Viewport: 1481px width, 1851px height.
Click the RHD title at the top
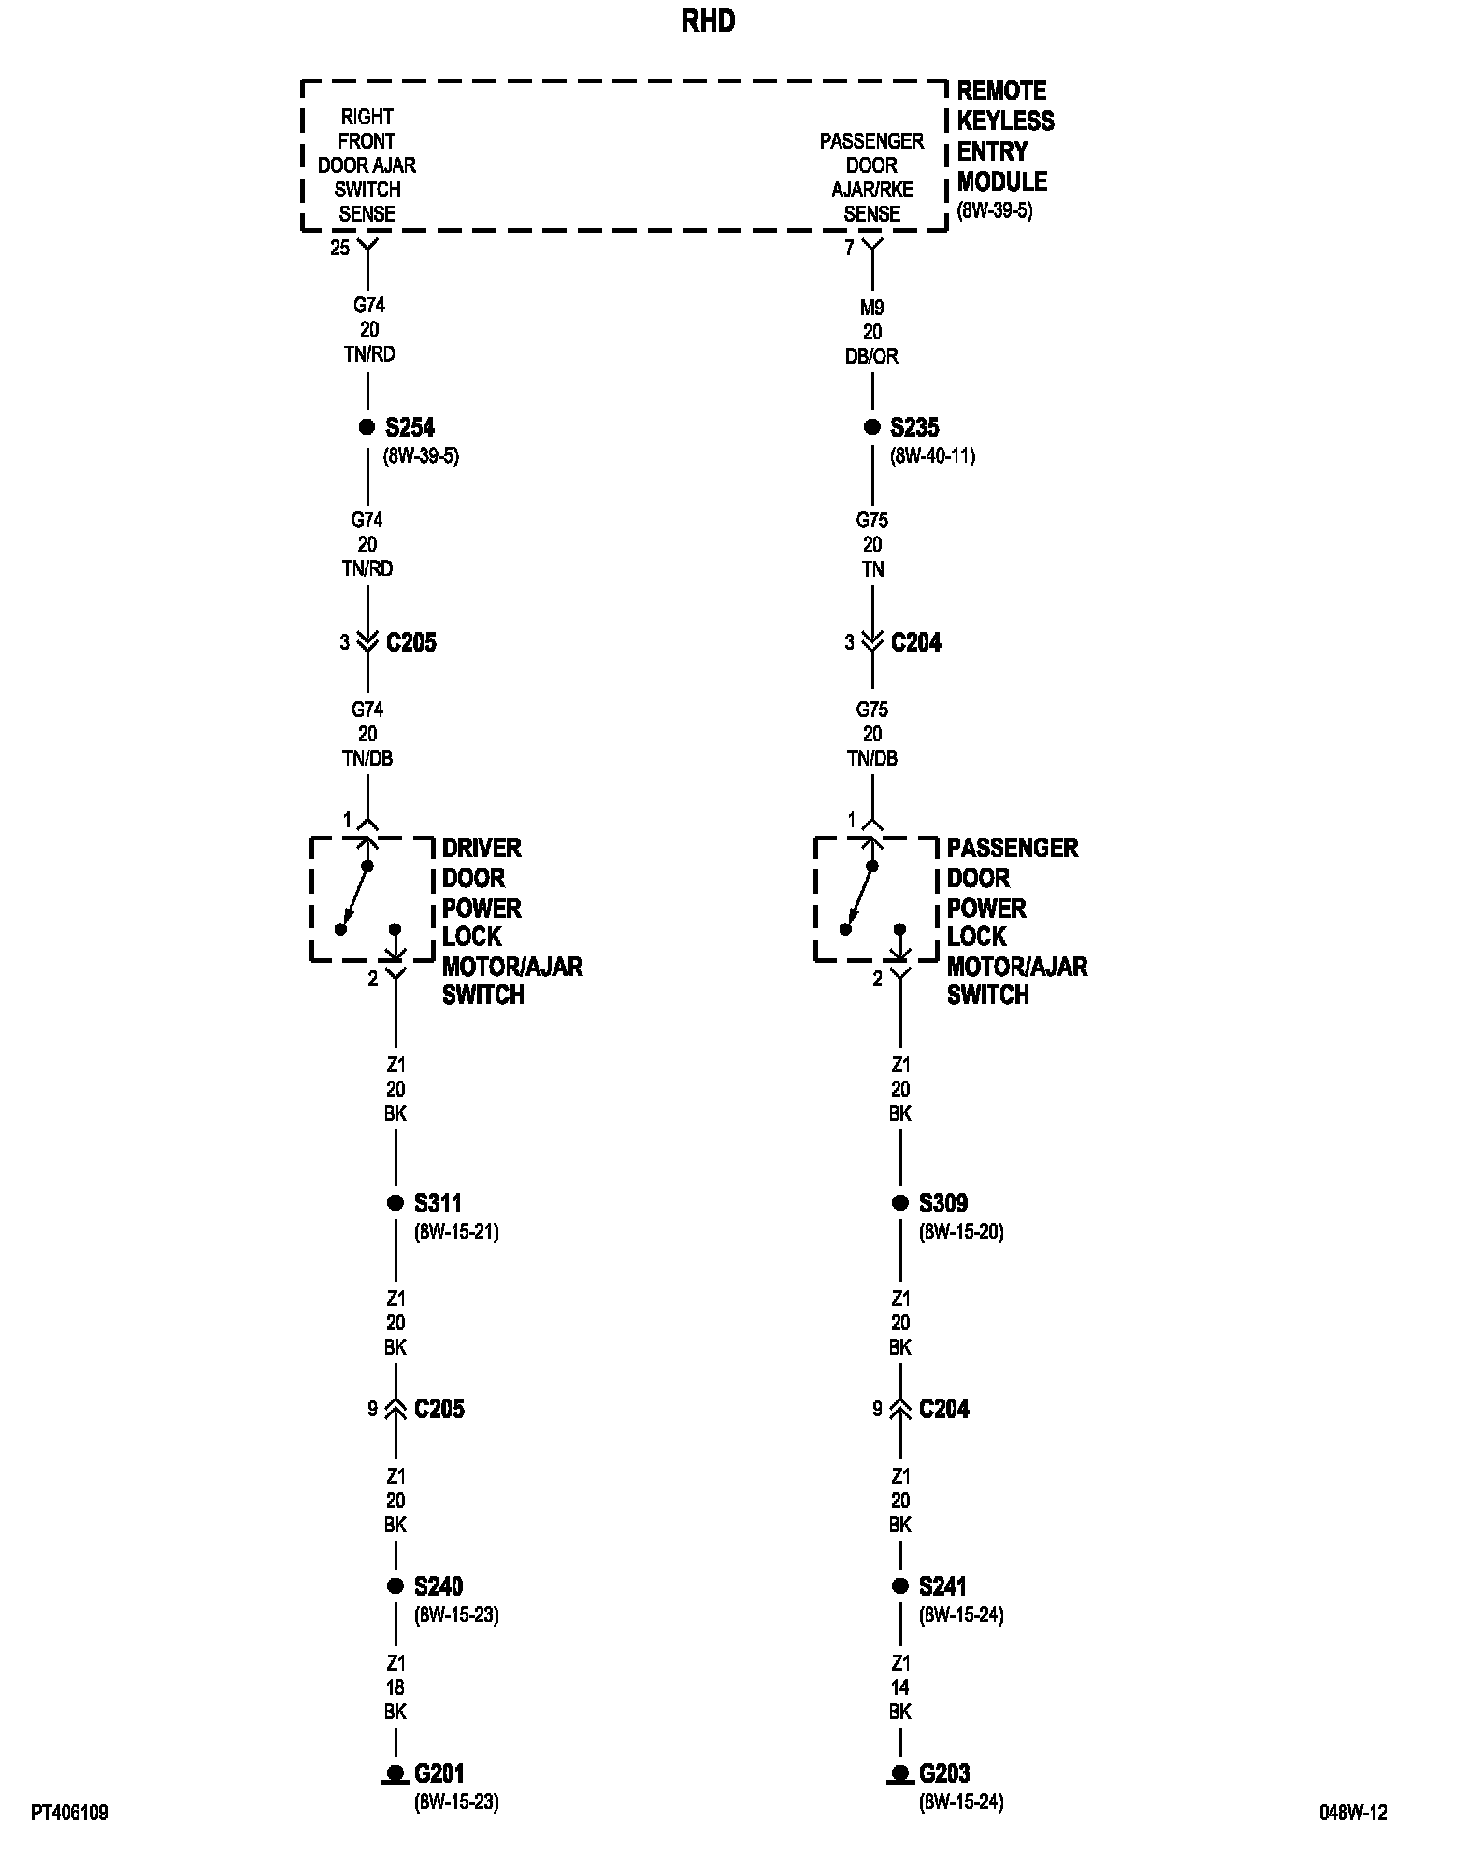708,22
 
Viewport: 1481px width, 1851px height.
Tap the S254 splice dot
367,427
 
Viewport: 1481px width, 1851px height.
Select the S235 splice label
914,427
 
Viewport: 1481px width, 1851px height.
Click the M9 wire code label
872,308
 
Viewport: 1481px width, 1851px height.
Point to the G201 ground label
439,1773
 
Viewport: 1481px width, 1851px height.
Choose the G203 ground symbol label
943,1773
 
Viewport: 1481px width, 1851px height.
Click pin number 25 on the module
339,249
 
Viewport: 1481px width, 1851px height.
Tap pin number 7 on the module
849,249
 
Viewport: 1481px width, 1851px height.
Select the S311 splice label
438,1203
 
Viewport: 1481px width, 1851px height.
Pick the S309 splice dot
900,1203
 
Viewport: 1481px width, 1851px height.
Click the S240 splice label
439,1586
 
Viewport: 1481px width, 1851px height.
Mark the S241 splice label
942,1586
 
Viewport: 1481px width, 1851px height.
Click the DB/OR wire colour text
872,356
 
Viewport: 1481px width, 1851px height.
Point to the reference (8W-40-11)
932,456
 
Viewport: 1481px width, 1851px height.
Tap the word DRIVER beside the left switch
482,848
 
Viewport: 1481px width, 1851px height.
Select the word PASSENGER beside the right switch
1013,848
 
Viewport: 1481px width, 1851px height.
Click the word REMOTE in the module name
1001,91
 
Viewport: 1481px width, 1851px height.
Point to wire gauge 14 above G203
900,1687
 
